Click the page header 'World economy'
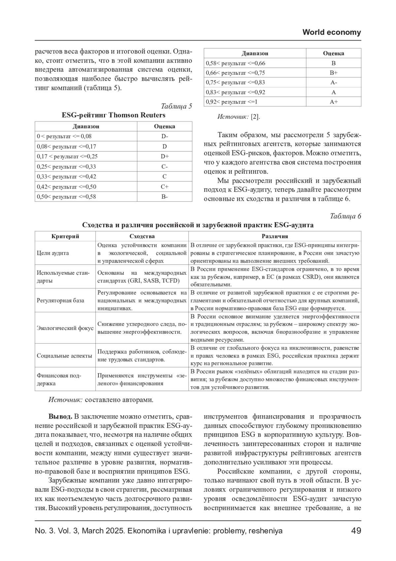click(331, 32)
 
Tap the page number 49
click(356, 531)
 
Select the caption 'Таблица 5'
click(176, 106)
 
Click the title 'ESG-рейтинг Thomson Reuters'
click(114, 115)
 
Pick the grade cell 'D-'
click(165, 136)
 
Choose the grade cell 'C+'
click(165, 187)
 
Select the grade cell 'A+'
click(334, 102)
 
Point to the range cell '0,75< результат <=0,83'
click(235, 82)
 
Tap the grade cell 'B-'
click(165, 197)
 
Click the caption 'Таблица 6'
click(346, 216)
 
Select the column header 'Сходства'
click(142, 236)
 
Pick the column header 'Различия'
click(275, 236)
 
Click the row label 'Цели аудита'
click(53, 253)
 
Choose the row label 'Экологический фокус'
click(65, 328)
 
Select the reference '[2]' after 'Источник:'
click(255, 117)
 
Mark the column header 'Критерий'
click(65, 236)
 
